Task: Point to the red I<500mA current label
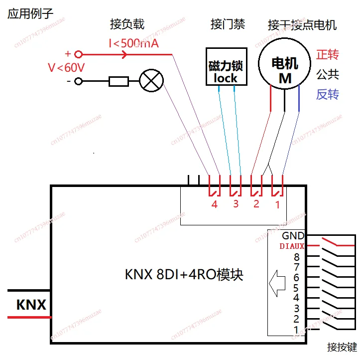tap(133, 43)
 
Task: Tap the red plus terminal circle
tap(78, 54)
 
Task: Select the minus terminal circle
tap(78, 81)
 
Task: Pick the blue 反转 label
tap(328, 94)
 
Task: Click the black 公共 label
tap(328, 74)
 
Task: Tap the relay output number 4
tap(215, 204)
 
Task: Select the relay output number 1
tap(278, 204)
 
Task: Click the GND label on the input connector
tap(292, 236)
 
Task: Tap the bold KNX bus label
tap(31, 305)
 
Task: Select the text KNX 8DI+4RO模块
tap(184, 274)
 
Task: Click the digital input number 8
tap(297, 258)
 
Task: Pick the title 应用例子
tap(30, 13)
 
